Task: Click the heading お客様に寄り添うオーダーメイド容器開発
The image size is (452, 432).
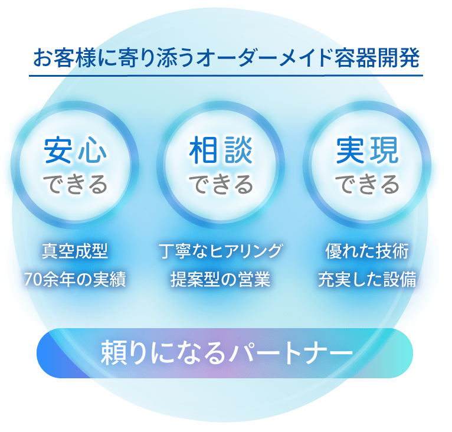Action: point(226,58)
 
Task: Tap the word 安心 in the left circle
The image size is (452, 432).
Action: point(76,150)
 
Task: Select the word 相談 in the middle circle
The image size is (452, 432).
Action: point(221,150)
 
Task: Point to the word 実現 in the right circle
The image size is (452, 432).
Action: point(367,150)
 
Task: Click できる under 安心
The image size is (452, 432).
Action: point(76,184)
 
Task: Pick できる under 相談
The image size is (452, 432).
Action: point(221,184)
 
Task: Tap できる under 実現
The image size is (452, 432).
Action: point(367,184)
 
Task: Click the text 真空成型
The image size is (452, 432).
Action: point(75,251)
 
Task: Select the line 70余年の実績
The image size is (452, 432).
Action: point(75,279)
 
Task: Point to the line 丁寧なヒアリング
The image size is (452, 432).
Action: point(221,251)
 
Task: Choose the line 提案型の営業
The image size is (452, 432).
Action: point(221,279)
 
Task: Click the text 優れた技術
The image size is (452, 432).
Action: point(367,251)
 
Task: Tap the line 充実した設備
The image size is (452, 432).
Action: point(367,279)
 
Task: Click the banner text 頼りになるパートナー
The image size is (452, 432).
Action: point(227,352)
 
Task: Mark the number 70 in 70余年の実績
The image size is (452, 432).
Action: point(32,280)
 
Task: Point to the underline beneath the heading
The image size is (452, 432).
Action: point(226,76)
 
